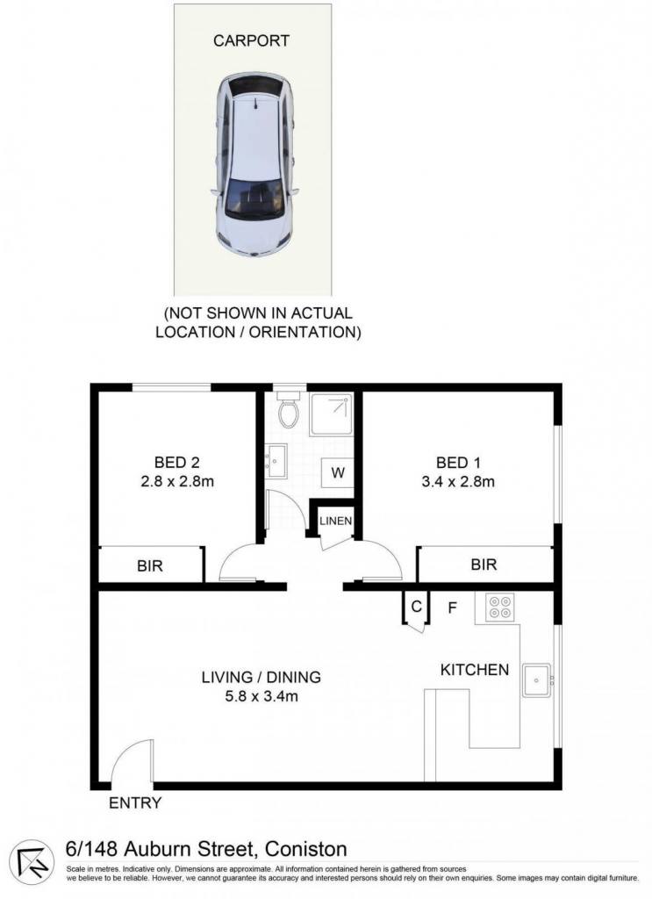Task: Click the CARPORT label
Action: (251, 40)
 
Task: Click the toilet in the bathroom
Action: (288, 409)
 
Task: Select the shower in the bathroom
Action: (331, 414)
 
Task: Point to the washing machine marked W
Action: (338, 472)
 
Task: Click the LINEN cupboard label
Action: (336, 521)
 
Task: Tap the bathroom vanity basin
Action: (276, 460)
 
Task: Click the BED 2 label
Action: (177, 462)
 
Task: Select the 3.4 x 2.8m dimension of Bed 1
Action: (458, 482)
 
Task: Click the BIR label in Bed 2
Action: (150, 566)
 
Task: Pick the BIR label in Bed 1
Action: (484, 565)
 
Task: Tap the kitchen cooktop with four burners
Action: (499, 608)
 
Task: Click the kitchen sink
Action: (536, 680)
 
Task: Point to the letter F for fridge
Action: (452, 608)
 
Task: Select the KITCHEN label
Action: (475, 670)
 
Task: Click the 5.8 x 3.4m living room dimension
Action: (262, 696)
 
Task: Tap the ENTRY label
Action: (135, 803)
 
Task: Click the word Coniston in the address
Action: (306, 849)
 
